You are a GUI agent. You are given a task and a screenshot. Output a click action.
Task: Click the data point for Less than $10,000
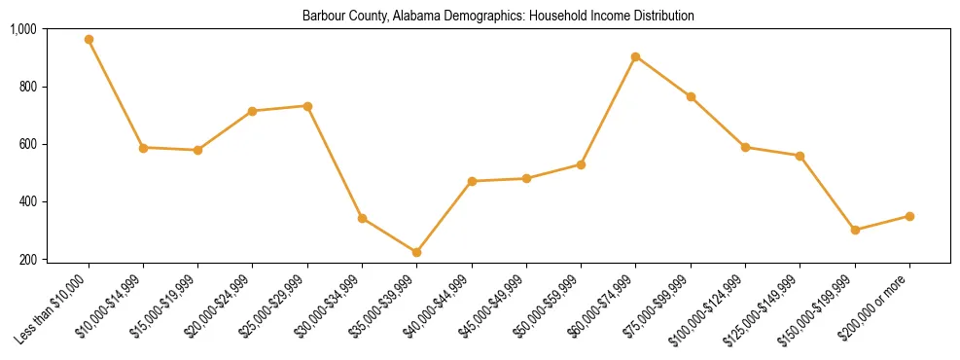89,40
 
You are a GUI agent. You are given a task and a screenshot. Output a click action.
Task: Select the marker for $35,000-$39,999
417,252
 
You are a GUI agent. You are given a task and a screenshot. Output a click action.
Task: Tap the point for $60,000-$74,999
636,56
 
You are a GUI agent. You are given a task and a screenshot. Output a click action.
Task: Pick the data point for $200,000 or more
909,216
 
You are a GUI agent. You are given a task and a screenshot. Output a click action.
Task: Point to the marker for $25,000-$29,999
307,106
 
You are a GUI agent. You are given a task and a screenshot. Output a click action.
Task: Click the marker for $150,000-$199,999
855,231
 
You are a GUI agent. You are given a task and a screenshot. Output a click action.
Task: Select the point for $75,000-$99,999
691,96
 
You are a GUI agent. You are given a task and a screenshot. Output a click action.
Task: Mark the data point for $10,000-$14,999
143,148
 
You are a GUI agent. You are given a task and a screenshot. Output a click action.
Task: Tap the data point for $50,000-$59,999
581,164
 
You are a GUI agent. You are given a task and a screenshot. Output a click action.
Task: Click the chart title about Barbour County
498,17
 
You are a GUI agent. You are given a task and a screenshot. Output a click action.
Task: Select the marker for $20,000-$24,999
253,111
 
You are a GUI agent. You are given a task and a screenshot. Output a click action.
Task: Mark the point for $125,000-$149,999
800,156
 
